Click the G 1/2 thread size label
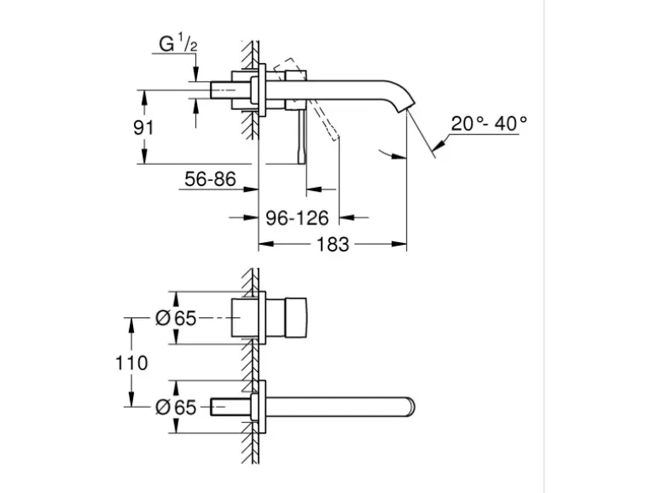[178, 43]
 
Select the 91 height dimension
[143, 127]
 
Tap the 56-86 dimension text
[211, 179]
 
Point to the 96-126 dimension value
[297, 217]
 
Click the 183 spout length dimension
[333, 244]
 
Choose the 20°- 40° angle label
[489, 124]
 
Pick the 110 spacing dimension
[131, 362]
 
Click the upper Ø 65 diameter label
[176, 318]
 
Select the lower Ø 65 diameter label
[176, 407]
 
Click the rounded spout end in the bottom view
[410, 407]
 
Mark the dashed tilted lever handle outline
[306, 99]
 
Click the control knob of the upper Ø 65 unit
[296, 318]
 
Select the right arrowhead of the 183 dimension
[399, 244]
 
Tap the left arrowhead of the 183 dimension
[266, 244]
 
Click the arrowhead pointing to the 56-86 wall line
[251, 189]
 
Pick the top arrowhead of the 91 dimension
[144, 97]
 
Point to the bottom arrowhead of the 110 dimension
[131, 399]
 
